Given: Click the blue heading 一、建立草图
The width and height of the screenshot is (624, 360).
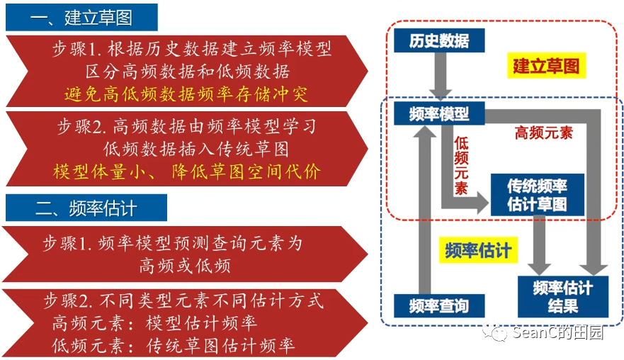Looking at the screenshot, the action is (81, 17).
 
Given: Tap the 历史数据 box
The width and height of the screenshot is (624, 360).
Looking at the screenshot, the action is (439, 40).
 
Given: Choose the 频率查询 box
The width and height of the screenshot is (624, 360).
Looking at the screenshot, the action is (439, 306).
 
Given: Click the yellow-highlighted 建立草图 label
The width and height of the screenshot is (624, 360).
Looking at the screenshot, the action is (546, 67).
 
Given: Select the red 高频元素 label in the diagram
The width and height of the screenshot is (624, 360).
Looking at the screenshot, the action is (544, 133).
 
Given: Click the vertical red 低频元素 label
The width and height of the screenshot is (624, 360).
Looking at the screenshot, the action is (462, 167).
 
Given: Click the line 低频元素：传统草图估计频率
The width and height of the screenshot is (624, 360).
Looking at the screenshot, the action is (174, 346).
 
